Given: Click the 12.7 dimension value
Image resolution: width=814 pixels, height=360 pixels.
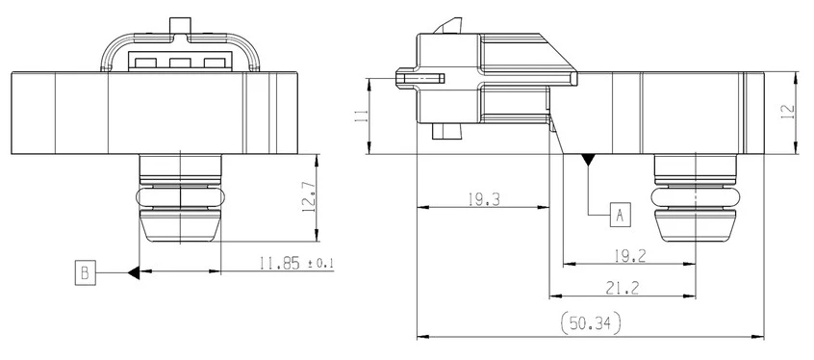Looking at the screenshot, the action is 308,197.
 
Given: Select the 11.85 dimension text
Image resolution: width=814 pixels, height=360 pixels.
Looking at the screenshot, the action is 280,264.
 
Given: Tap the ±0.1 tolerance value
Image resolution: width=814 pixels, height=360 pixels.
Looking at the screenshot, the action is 321,264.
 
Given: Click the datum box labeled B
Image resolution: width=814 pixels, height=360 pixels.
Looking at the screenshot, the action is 85,272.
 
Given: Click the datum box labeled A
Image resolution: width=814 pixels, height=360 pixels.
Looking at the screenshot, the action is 620,215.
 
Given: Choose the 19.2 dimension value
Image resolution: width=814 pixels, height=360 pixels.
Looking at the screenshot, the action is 629,256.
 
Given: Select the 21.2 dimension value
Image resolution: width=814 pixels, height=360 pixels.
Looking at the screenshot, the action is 622,289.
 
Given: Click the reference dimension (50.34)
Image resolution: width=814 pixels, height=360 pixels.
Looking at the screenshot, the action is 591,324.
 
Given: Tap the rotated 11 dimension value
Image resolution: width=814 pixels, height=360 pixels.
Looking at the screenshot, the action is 362,116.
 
